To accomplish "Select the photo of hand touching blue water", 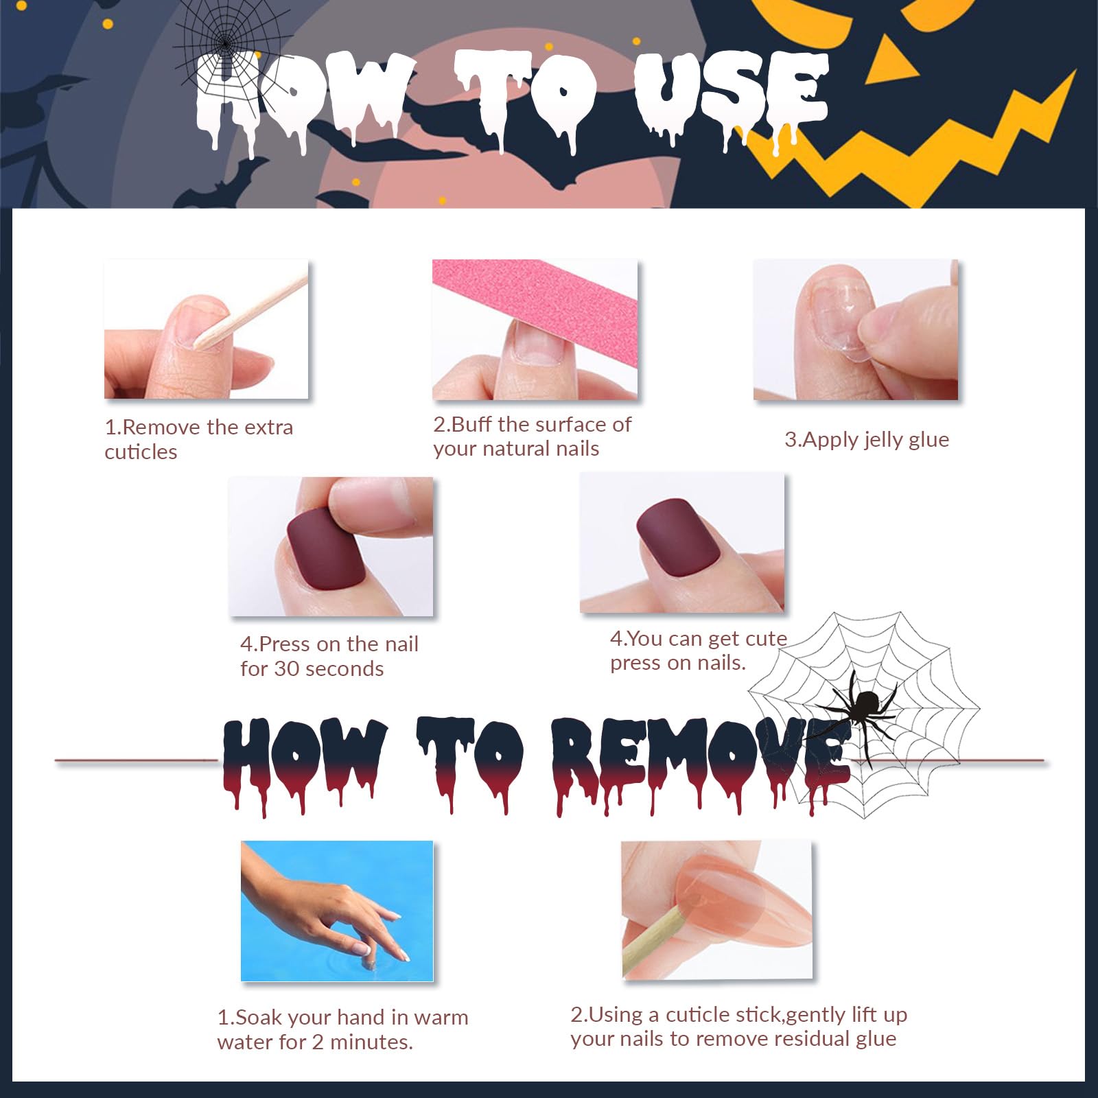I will click(x=337, y=911).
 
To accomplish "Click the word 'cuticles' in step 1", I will click(x=141, y=452).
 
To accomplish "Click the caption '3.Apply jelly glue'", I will click(x=867, y=440).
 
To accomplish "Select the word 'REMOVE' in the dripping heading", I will click(x=700, y=762).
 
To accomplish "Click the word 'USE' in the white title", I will click(x=731, y=96).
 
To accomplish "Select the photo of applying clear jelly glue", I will click(x=855, y=330).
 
